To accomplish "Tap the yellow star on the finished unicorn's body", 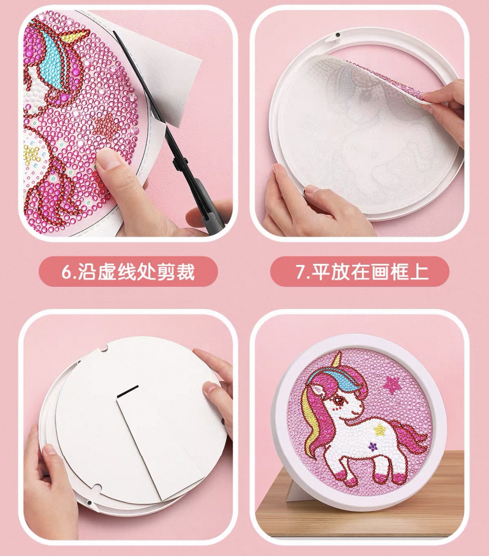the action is (x=379, y=429).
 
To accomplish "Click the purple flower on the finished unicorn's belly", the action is (x=372, y=447).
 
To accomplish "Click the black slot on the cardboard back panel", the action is (x=128, y=390).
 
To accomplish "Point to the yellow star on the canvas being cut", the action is (x=31, y=154).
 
